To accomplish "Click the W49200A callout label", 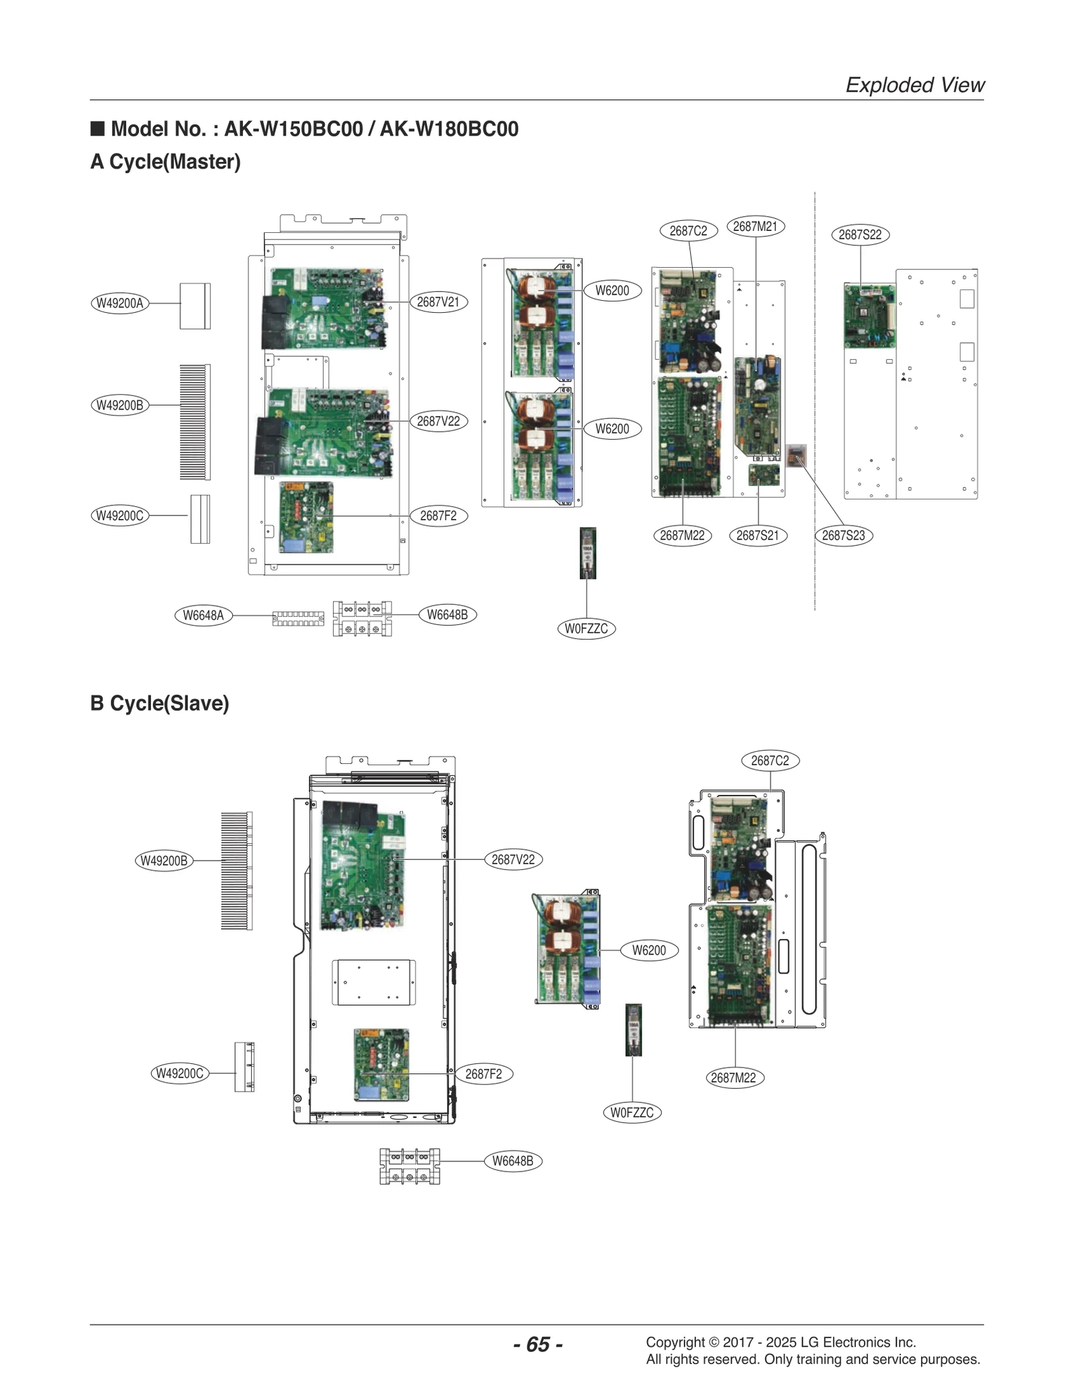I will coord(119,303).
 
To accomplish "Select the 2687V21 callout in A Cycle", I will coord(438,302).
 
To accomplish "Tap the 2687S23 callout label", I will coord(843,535).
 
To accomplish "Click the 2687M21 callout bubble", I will coord(755,226).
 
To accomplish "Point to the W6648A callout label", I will coord(203,615).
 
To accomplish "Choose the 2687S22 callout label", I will coord(860,234).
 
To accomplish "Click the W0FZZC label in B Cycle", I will coord(632,1112).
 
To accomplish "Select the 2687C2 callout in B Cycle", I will coord(770,761).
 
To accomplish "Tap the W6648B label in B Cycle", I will coord(513,1161).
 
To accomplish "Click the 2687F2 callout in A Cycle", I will coord(438,516).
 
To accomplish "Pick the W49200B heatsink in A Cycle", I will coord(195,422).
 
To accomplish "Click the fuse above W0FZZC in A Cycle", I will coord(587,552).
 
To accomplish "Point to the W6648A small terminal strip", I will coord(297,618).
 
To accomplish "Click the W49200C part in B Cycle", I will coord(244,1067).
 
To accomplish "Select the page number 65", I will coord(538,1344).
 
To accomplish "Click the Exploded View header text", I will coord(914,85).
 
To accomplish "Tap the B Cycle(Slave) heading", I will coord(160,703).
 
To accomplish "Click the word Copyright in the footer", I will coord(675,1342).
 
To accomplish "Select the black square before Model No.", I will coord(98,128).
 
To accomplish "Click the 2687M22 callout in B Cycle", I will coord(733,1077).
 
